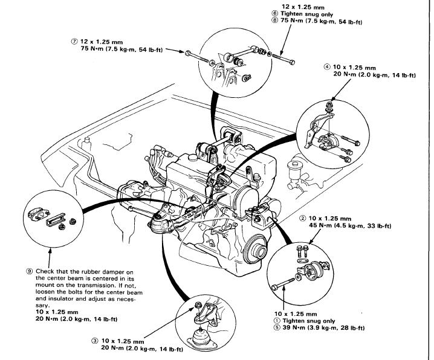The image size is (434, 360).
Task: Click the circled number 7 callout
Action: pyautogui.click(x=74, y=42)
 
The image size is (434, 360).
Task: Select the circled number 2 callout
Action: pyautogui.click(x=302, y=217)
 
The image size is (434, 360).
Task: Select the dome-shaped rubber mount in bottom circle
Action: pyautogui.click(x=207, y=338)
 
